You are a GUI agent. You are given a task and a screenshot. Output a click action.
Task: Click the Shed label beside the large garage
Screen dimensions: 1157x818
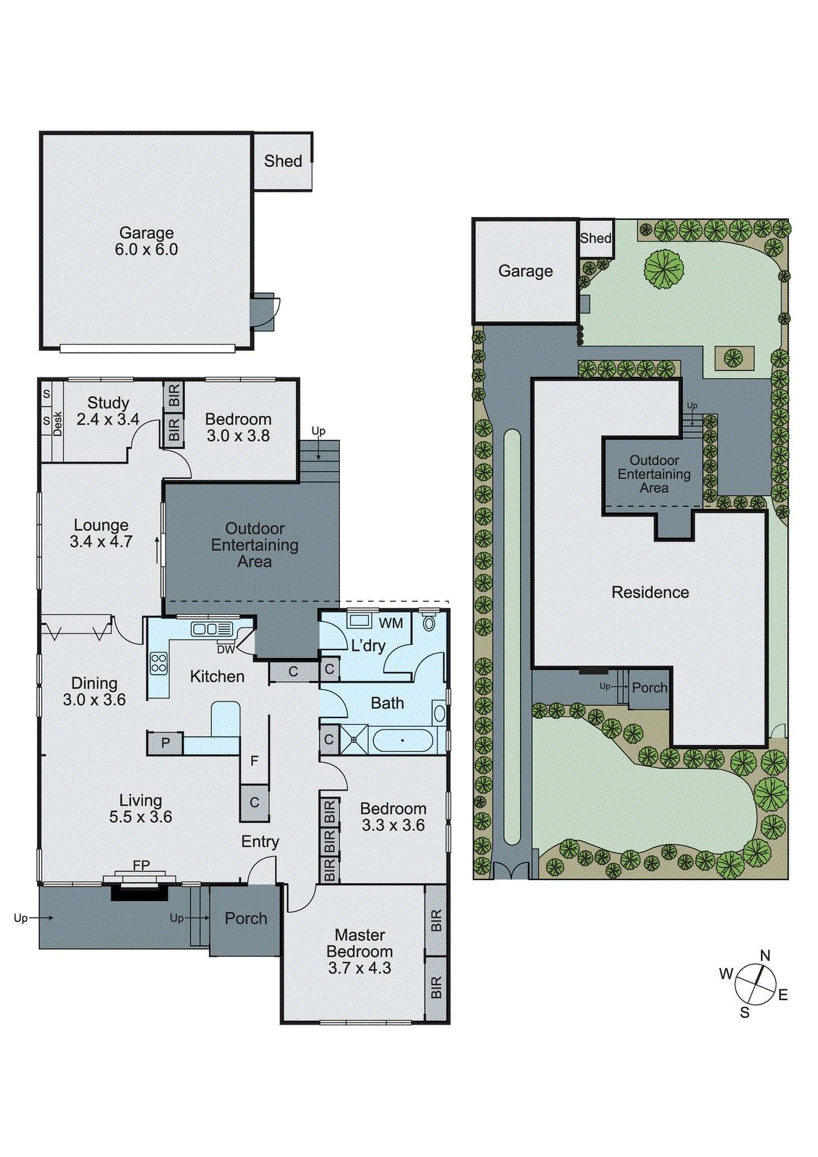click(283, 161)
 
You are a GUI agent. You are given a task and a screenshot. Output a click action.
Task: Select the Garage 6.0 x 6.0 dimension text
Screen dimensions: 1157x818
click(146, 249)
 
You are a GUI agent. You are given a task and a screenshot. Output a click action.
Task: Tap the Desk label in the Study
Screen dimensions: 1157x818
click(58, 423)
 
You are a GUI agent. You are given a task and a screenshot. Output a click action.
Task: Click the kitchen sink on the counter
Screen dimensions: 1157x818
click(211, 629)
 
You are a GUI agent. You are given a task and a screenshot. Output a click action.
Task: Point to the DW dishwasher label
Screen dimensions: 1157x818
click(226, 649)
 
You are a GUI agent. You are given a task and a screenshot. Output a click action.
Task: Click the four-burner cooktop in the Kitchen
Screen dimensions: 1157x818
click(158, 663)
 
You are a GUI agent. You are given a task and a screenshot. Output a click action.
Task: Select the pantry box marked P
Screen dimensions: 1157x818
click(166, 743)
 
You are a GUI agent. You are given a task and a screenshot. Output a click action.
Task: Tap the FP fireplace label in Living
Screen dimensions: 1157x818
click(141, 865)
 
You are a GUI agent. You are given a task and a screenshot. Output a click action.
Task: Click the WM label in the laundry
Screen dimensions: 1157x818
click(391, 623)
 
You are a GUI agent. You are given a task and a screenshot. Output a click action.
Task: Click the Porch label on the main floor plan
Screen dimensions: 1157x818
click(245, 918)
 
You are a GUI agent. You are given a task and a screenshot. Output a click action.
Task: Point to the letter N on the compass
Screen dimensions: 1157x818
click(765, 955)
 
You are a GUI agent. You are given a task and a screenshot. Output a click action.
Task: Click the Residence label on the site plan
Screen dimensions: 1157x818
click(649, 592)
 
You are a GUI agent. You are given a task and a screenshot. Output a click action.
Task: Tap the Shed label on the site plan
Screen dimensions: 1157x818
click(595, 238)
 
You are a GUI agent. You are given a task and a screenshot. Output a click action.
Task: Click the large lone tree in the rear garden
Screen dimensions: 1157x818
click(664, 269)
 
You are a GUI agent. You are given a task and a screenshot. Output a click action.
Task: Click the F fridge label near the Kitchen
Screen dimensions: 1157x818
click(254, 761)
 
